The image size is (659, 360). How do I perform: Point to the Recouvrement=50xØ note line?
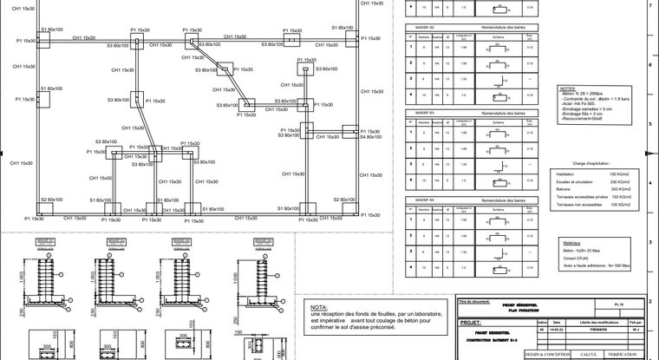pos(579,118)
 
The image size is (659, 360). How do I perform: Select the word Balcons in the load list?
pos(564,189)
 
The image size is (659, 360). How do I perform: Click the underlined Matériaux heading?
pos(570,243)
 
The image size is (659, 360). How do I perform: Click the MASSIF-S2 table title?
pos(425,28)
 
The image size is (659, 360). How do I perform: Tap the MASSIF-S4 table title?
pos(425,200)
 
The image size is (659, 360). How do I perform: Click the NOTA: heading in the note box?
pos(319,307)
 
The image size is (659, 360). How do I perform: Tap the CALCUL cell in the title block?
pos(589,354)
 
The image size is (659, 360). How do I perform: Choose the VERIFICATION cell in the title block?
pos(630,354)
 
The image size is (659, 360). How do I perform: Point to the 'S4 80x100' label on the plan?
pos(370,136)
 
